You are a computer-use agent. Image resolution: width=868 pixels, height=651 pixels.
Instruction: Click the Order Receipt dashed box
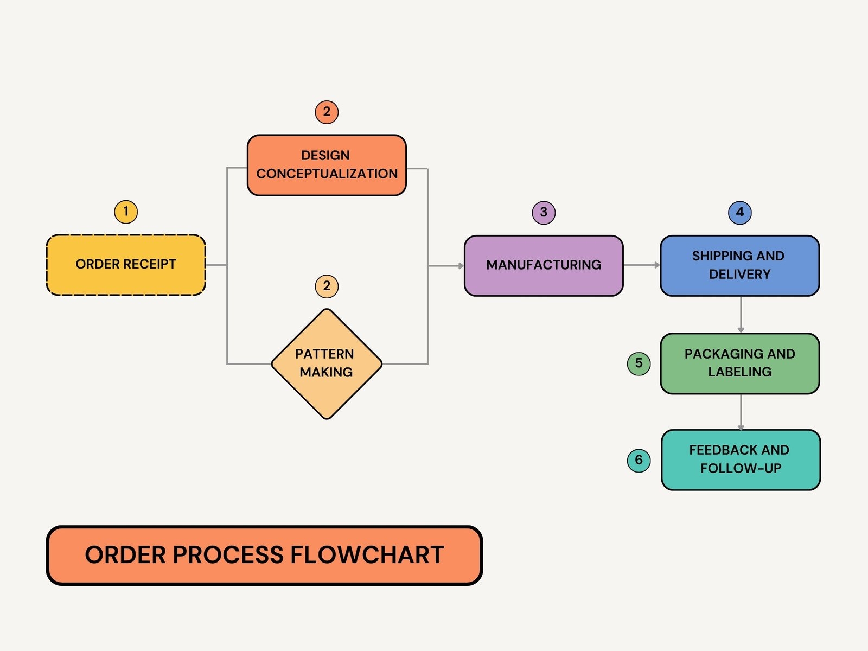coord(126,265)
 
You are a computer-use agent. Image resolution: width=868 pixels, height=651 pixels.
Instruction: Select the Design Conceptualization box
coord(327,165)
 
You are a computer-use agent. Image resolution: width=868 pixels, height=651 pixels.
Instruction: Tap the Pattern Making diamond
coord(327,363)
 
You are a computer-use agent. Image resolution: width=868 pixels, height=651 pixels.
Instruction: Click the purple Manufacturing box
coord(544,265)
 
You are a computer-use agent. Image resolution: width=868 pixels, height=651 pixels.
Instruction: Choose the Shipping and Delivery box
coord(739,265)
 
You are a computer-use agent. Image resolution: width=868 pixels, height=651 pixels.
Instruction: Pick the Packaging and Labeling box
coord(739,363)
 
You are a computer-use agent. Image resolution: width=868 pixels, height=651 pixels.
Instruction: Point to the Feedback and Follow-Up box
coord(741,459)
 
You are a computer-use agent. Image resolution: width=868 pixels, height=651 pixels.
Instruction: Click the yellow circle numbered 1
coord(126,212)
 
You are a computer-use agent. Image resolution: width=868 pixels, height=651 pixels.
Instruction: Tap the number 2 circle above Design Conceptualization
coord(327,112)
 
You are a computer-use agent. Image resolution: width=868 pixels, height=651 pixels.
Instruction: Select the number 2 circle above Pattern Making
coord(327,286)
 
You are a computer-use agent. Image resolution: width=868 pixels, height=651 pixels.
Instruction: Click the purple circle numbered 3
coord(544,212)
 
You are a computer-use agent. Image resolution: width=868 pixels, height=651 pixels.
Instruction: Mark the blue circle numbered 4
coord(739,212)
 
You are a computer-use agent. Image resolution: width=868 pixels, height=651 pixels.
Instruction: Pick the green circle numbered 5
coord(639,363)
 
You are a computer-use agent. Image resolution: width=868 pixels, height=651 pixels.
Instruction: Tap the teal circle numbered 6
coord(639,460)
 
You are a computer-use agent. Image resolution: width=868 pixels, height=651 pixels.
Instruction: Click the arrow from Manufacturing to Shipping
coord(642,265)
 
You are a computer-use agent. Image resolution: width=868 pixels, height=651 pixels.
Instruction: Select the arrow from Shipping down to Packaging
coord(741,315)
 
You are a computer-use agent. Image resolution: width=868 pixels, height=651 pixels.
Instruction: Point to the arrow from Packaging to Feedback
coord(741,412)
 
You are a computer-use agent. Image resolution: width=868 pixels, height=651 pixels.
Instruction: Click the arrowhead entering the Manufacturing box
coord(461,266)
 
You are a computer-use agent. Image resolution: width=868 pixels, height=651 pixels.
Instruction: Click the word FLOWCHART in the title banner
coord(367,555)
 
